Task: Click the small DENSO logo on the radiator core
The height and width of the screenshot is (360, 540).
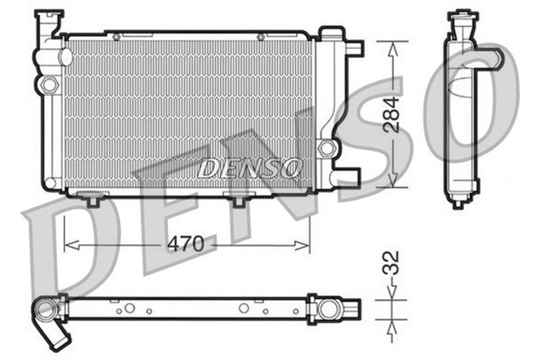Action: [x=250, y=168]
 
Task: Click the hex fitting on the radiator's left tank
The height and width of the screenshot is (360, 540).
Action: [x=50, y=84]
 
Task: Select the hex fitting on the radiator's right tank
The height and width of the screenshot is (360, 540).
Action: [x=327, y=148]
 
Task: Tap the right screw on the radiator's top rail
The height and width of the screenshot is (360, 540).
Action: [x=261, y=36]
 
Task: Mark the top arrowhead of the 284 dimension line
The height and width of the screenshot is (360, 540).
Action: [x=392, y=45]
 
